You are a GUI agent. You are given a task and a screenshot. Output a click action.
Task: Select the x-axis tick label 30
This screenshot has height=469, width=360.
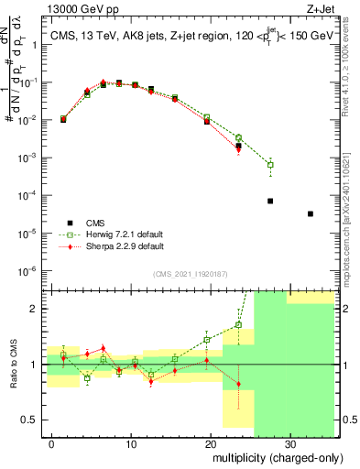[x=289, y=443]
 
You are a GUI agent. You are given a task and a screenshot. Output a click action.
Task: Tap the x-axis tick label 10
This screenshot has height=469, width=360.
[x=130, y=443]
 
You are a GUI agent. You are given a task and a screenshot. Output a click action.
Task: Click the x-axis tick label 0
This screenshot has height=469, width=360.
[x=52, y=443]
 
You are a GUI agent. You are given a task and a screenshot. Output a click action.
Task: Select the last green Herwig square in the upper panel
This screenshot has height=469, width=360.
[x=270, y=165]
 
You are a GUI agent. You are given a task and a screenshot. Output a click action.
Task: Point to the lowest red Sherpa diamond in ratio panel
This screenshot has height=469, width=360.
[x=238, y=384]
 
